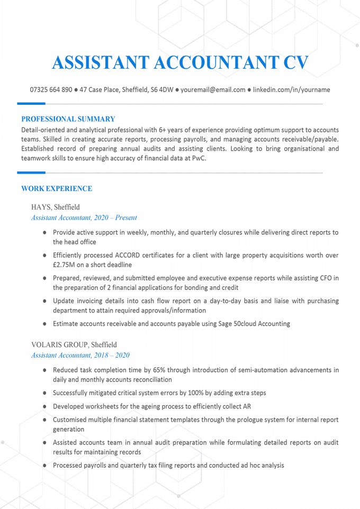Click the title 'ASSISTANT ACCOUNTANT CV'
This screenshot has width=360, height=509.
(x=180, y=62)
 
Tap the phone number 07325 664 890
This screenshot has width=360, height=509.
(x=51, y=90)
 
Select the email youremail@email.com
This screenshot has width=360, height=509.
(x=213, y=90)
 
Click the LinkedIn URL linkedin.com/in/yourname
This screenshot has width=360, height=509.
(x=291, y=90)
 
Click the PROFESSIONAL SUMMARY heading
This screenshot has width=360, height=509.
(x=68, y=119)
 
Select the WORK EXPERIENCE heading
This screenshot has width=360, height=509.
(x=57, y=189)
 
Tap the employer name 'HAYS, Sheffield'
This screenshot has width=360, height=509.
(x=56, y=207)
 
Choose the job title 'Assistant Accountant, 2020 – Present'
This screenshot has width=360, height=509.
(x=84, y=217)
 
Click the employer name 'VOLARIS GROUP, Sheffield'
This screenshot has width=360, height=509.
(x=74, y=344)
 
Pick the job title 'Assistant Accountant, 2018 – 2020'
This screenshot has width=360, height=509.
(x=80, y=355)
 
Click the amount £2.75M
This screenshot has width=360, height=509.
(x=66, y=265)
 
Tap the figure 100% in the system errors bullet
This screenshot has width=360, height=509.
(x=194, y=393)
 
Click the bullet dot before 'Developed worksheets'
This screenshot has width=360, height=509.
(x=45, y=406)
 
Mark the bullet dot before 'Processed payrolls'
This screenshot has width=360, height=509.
(x=45, y=466)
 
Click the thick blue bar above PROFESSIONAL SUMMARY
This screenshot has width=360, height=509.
(x=31, y=103)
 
